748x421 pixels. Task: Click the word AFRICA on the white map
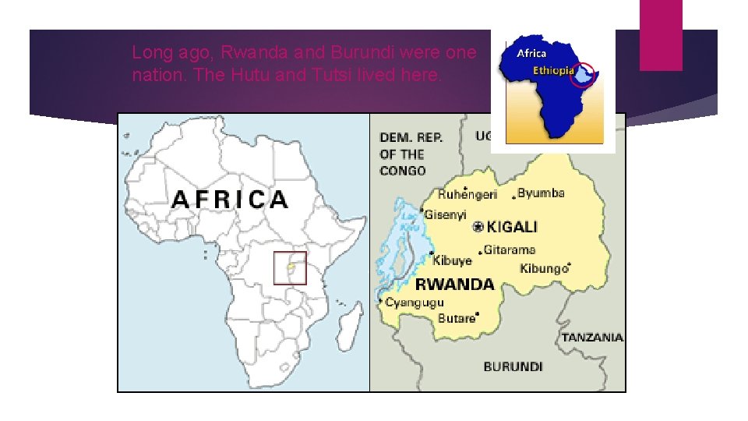click(x=230, y=200)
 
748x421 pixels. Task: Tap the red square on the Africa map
click(x=290, y=267)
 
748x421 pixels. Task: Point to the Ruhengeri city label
click(x=467, y=194)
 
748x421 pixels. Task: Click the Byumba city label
click(x=541, y=193)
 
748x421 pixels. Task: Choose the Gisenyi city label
click(x=446, y=214)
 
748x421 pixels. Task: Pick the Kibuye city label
click(x=453, y=260)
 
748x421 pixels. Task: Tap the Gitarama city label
click(x=509, y=250)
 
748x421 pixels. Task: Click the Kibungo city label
click(x=544, y=268)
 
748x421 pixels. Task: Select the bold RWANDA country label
click(x=454, y=284)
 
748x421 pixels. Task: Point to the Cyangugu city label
click(x=415, y=302)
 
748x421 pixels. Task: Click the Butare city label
click(x=457, y=318)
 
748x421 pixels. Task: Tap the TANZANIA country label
click(x=592, y=338)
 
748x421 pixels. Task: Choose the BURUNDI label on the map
click(x=513, y=366)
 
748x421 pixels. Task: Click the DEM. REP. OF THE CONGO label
click(x=411, y=154)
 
